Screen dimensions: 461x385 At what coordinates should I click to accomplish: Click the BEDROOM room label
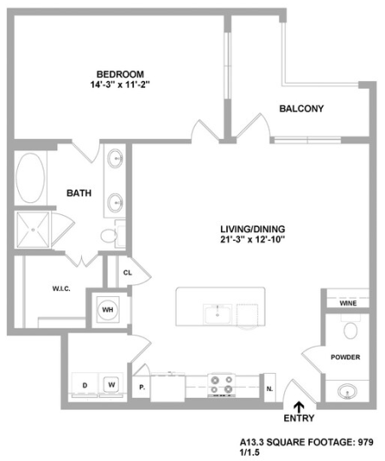pyautogui.click(x=120, y=73)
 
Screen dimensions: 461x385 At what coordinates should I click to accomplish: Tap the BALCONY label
pyautogui.click(x=300, y=108)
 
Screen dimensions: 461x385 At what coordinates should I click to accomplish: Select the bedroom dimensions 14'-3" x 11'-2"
pyautogui.click(x=120, y=85)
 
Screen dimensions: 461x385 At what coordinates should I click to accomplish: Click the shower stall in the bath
pyautogui.click(x=32, y=230)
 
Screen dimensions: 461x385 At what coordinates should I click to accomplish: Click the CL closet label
pyautogui.click(x=126, y=273)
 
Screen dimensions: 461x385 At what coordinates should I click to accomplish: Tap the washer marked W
pyautogui.click(x=111, y=385)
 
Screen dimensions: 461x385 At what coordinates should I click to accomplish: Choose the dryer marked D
pyautogui.click(x=85, y=385)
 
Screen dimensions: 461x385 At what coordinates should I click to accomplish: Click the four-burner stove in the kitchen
pyautogui.click(x=222, y=385)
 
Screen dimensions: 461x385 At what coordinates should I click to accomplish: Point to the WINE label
pyautogui.click(x=347, y=302)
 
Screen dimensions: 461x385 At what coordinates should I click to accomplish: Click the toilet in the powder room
pyautogui.click(x=350, y=330)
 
